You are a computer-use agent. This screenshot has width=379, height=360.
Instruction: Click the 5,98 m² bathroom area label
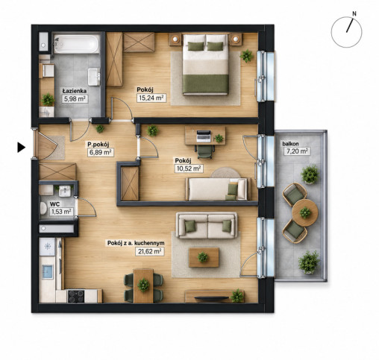[75, 99]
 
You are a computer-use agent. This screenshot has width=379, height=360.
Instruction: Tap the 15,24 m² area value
[151, 98]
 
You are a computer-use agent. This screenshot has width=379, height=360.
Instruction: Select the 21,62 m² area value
[150, 251]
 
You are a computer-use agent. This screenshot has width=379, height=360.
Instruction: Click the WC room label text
[54, 204]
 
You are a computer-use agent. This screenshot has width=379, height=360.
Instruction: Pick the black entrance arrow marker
[21, 148]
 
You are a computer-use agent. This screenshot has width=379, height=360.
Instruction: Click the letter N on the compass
[354, 14]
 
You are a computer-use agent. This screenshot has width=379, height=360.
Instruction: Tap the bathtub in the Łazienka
[76, 44]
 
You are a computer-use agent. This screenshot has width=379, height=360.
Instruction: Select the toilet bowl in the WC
[43, 208]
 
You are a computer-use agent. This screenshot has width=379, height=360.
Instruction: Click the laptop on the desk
[204, 136]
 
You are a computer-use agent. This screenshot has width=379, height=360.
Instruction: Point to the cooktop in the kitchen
[76, 296]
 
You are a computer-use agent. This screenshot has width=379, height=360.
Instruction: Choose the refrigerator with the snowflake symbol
[47, 247]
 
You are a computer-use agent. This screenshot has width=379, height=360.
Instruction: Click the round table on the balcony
[305, 212]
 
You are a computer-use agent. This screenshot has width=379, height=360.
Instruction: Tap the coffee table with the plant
[204, 257]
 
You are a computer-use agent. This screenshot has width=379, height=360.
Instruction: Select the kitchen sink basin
[48, 272]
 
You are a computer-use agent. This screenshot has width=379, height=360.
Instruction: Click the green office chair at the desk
[205, 151]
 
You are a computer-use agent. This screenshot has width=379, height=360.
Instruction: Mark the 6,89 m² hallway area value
[101, 152]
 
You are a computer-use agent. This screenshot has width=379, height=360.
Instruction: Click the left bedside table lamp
[175, 39]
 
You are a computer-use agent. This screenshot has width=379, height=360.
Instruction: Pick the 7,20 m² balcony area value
[297, 151]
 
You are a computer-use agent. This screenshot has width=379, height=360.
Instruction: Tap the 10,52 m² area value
[189, 168]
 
